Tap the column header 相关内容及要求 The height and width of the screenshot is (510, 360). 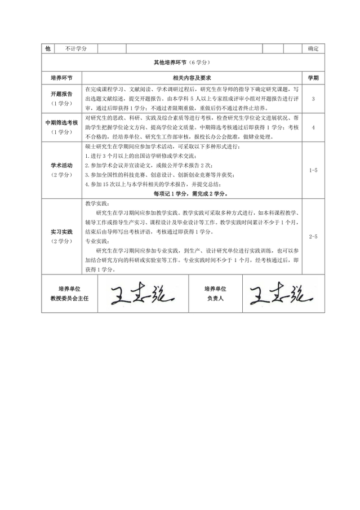(x=191, y=77)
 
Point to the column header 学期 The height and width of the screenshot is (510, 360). (x=313, y=77)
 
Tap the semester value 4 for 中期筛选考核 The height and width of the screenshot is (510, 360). (x=313, y=127)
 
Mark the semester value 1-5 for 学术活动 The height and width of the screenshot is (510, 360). (x=313, y=169)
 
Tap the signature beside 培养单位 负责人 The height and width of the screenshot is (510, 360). (x=276, y=294)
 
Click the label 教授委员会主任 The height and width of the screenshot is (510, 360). (x=70, y=299)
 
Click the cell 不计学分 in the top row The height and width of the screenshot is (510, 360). (x=76, y=49)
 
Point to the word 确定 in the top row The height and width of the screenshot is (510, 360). (x=313, y=49)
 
